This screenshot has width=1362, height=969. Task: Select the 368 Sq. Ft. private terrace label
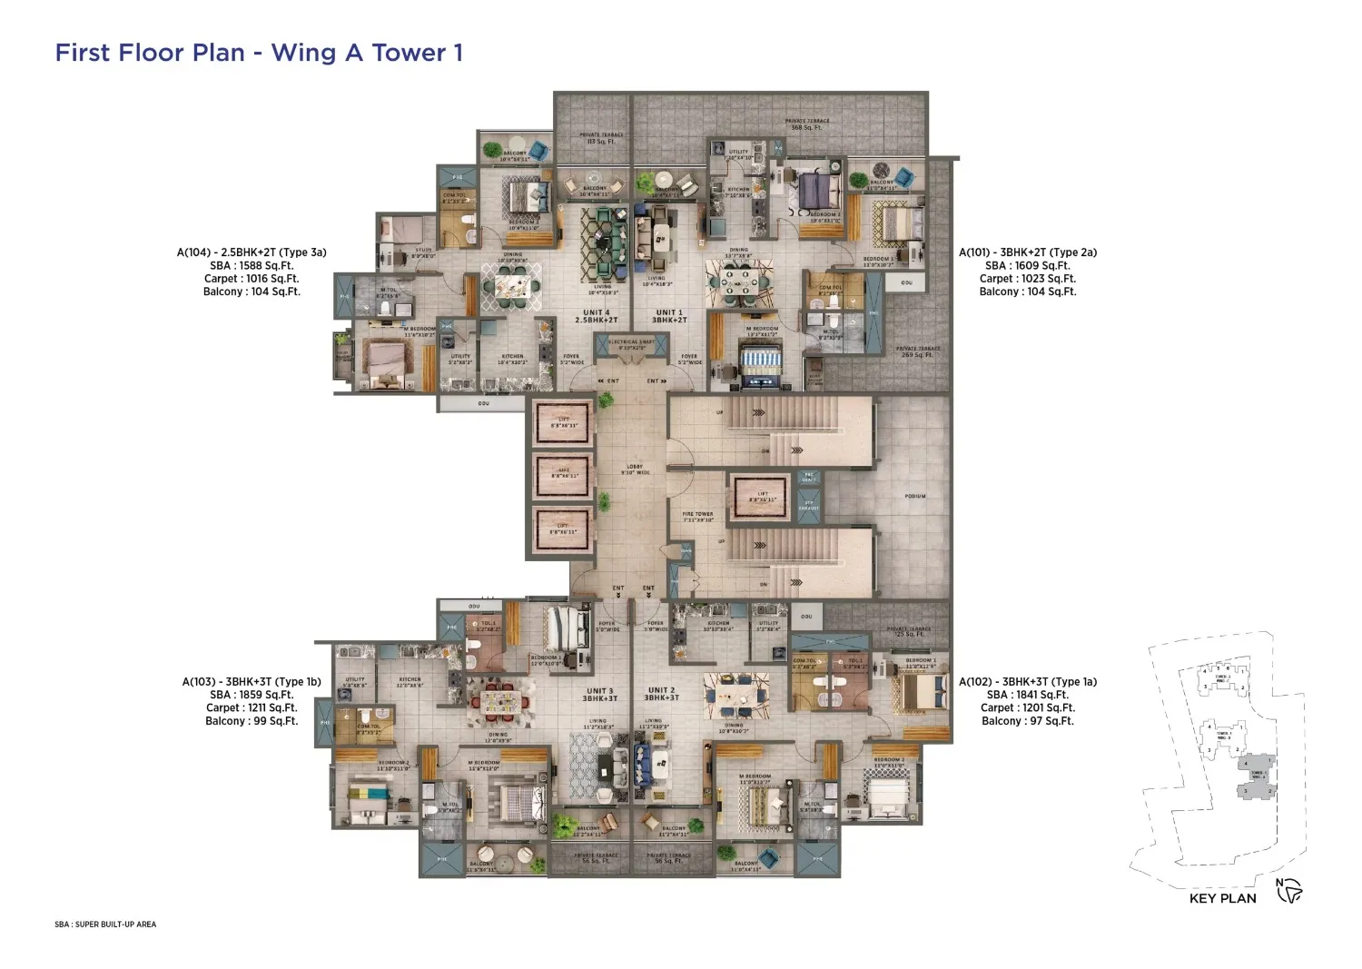point(806,124)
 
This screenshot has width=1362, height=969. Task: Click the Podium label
point(915,496)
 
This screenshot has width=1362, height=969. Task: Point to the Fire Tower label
point(698,517)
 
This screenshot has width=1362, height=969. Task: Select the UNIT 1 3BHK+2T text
point(670,316)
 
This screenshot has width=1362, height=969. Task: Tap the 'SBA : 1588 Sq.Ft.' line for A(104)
point(251,266)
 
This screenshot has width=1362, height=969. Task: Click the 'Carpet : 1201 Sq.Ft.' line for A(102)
point(1027,707)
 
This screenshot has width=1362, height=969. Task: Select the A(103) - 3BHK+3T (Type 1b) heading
point(251,682)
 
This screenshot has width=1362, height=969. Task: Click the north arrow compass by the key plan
point(1289,892)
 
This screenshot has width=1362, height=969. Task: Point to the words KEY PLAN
point(1222,898)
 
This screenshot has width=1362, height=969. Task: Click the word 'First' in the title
point(84,53)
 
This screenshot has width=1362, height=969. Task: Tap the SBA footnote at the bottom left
point(105,925)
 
